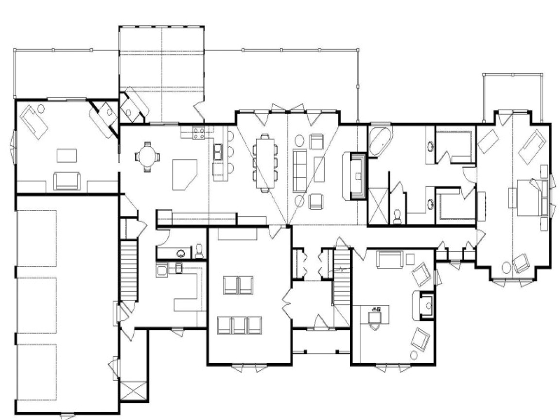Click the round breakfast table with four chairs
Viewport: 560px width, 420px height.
tap(147, 157)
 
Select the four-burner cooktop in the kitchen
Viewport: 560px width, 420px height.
tap(199, 133)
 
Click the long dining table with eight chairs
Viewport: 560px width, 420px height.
tap(264, 162)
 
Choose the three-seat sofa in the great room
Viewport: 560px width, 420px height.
tap(299, 170)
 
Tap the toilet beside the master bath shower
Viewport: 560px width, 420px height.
tap(397, 215)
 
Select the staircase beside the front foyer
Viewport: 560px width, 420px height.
tap(342, 287)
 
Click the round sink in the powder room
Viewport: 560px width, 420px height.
tap(181, 253)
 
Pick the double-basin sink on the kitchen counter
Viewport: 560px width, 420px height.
tap(217, 151)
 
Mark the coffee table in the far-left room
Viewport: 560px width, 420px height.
tap(67, 156)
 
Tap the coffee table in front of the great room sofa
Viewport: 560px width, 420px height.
tap(319, 169)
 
